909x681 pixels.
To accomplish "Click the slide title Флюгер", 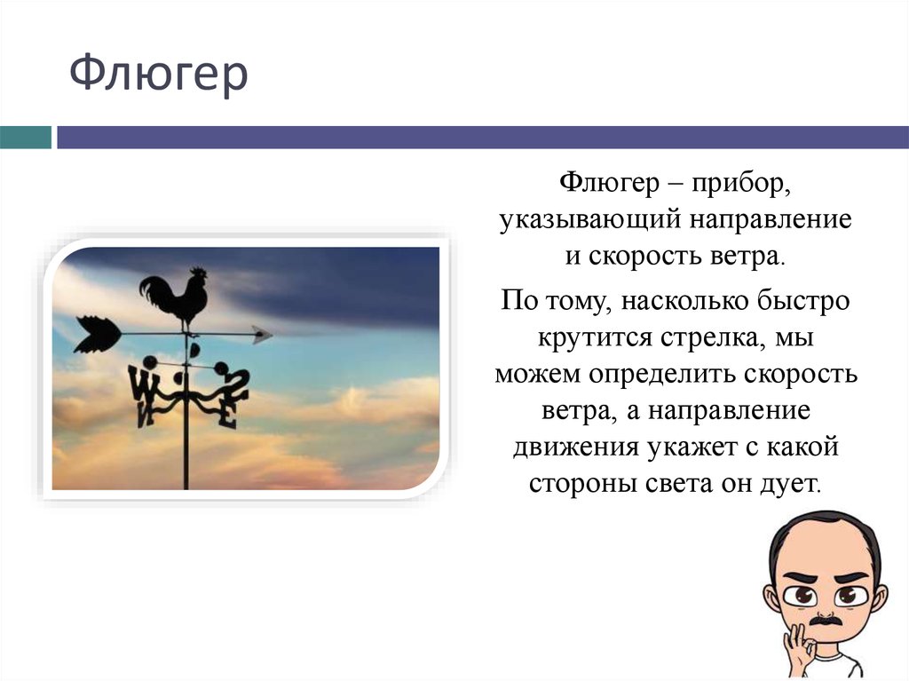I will coord(159,76).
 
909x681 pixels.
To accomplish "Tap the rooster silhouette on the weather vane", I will coord(177,298).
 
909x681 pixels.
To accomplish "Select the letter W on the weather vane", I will coord(143,384).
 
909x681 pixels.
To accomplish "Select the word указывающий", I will coord(587,220).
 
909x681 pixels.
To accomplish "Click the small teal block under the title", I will coord(26,138).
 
